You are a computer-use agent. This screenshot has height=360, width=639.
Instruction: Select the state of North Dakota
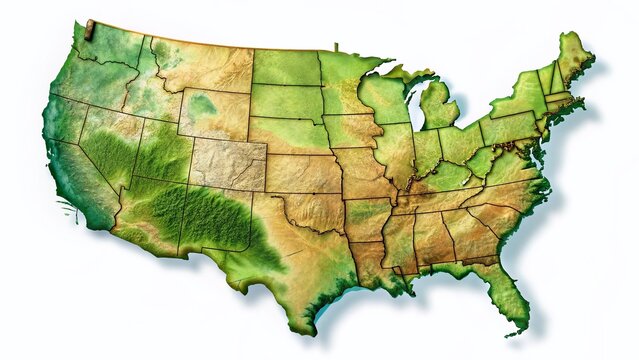tap(285, 67)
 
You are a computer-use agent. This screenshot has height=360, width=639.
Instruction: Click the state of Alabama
tap(430, 240)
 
